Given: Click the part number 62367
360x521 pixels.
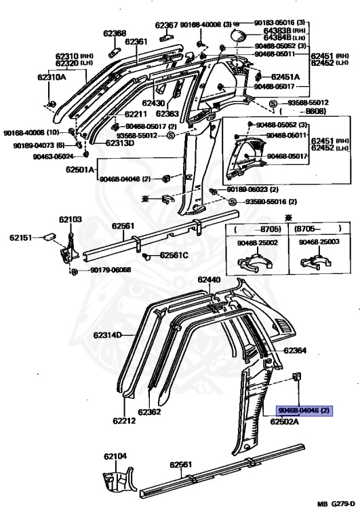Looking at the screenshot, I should pyautogui.click(x=166, y=25).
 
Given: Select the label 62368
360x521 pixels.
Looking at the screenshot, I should pyautogui.click(x=115, y=33).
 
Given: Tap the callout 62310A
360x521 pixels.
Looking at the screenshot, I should pyautogui.click(x=52, y=77).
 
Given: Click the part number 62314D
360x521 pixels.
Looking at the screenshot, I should pyautogui.click(x=107, y=335).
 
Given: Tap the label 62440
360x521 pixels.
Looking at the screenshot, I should pyautogui.click(x=209, y=279).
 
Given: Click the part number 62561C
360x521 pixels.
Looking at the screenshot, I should pyautogui.click(x=174, y=255).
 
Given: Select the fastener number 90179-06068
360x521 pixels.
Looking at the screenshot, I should pyautogui.click(x=111, y=270).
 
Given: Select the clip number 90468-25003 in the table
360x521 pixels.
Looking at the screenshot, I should pyautogui.click(x=318, y=242).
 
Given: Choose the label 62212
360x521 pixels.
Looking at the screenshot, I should pyautogui.click(x=124, y=421).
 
